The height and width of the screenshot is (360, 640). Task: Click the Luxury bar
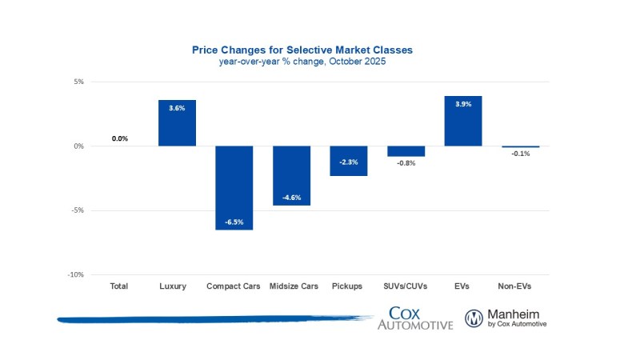click(x=177, y=123)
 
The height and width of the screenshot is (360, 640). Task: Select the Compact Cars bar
click(x=234, y=187)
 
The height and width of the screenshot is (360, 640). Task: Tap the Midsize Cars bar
click(x=291, y=175)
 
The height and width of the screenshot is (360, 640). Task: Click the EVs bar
click(x=463, y=121)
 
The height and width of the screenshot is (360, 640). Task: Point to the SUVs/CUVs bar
click(x=406, y=151)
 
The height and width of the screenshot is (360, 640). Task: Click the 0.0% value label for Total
click(x=120, y=138)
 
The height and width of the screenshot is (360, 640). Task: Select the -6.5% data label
click(x=234, y=222)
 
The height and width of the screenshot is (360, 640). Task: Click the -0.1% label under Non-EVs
click(x=520, y=154)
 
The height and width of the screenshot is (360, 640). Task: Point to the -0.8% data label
click(x=406, y=162)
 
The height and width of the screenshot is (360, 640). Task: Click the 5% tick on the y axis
click(x=78, y=82)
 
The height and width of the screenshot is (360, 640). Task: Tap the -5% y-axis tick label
click(x=78, y=210)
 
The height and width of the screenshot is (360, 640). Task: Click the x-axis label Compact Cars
click(x=234, y=286)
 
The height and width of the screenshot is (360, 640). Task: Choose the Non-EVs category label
click(x=520, y=286)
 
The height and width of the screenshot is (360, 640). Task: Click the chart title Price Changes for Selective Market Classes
click(x=302, y=50)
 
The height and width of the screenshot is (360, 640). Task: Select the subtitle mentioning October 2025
click(x=302, y=62)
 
